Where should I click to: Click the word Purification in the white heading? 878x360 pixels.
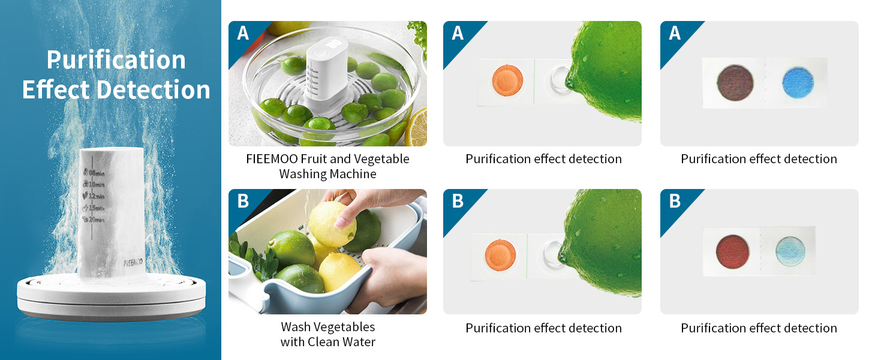pyautogui.click(x=116, y=60)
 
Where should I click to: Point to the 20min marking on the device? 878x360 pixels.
pyautogui.click(x=97, y=220)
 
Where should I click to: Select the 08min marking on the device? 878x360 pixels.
pyautogui.click(x=97, y=173)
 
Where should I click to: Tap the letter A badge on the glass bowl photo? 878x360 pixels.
pyautogui.click(x=243, y=33)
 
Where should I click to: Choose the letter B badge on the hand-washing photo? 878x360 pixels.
pyautogui.click(x=243, y=201)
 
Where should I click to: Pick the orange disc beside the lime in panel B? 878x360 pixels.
pyautogui.click(x=500, y=253)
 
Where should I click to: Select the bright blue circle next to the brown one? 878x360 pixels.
pyautogui.click(x=798, y=83)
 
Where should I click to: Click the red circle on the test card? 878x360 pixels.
pyautogui.click(x=734, y=251)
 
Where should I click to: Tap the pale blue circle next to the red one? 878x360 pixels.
pyautogui.click(x=792, y=251)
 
